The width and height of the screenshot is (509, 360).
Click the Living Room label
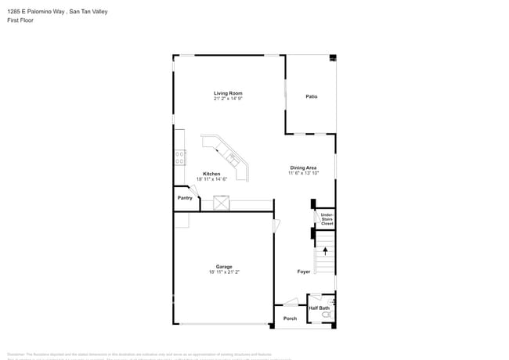(x=228, y=93)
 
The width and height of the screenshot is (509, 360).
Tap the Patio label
(x=311, y=96)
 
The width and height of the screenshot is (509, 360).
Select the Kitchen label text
(x=211, y=174)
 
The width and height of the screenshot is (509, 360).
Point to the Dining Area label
(x=303, y=167)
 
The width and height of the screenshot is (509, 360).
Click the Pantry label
(x=185, y=198)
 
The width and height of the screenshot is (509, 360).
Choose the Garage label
(x=224, y=267)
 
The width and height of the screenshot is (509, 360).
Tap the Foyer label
(x=303, y=272)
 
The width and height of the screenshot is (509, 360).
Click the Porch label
(x=290, y=319)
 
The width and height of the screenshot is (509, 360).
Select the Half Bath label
(x=319, y=308)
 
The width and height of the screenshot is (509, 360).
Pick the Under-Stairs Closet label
(x=327, y=219)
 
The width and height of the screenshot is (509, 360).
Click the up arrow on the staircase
(x=325, y=252)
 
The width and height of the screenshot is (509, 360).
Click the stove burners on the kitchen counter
(x=180, y=157)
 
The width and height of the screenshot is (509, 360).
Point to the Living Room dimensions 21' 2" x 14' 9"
(x=228, y=99)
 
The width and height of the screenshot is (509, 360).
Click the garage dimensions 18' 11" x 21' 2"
(x=224, y=273)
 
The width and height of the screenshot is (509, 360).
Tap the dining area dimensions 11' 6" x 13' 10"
(x=303, y=174)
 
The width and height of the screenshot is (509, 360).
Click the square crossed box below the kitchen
(x=222, y=203)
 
